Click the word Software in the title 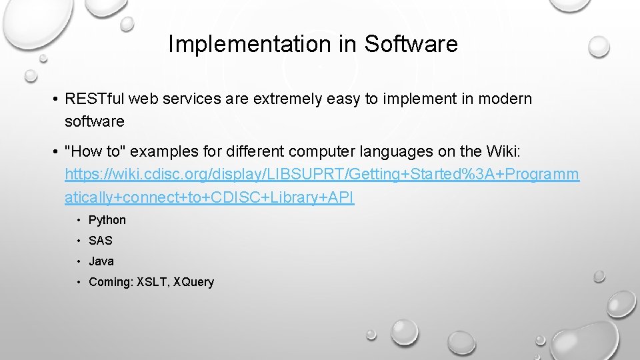point(411,44)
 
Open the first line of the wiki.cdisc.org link point(322,175)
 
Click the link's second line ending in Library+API point(209,197)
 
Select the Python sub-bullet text point(107,220)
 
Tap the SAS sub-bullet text point(101,241)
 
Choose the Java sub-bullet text point(101,261)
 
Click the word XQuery point(193,282)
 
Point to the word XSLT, point(153,282)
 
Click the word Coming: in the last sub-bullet point(111,282)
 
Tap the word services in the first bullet point(190,99)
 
